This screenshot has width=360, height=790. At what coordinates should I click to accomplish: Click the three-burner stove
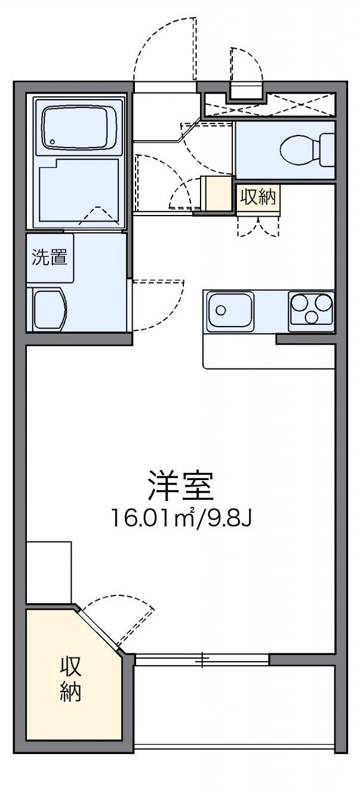click(x=311, y=310)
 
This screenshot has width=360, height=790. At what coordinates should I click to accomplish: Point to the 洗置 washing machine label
click(x=50, y=258)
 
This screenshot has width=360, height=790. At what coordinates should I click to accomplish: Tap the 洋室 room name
click(x=181, y=485)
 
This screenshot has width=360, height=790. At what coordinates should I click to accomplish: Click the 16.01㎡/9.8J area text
click(x=181, y=517)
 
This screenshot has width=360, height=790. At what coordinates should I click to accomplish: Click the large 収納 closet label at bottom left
click(x=70, y=680)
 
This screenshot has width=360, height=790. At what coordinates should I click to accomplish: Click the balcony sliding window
click(x=202, y=659)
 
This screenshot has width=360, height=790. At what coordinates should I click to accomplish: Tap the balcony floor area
click(x=233, y=705)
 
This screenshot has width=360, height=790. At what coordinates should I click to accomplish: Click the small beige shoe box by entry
click(x=217, y=194)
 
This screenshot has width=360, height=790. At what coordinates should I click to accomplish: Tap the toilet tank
click(x=327, y=149)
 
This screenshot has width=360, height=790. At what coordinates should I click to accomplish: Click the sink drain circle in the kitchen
click(x=221, y=310)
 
